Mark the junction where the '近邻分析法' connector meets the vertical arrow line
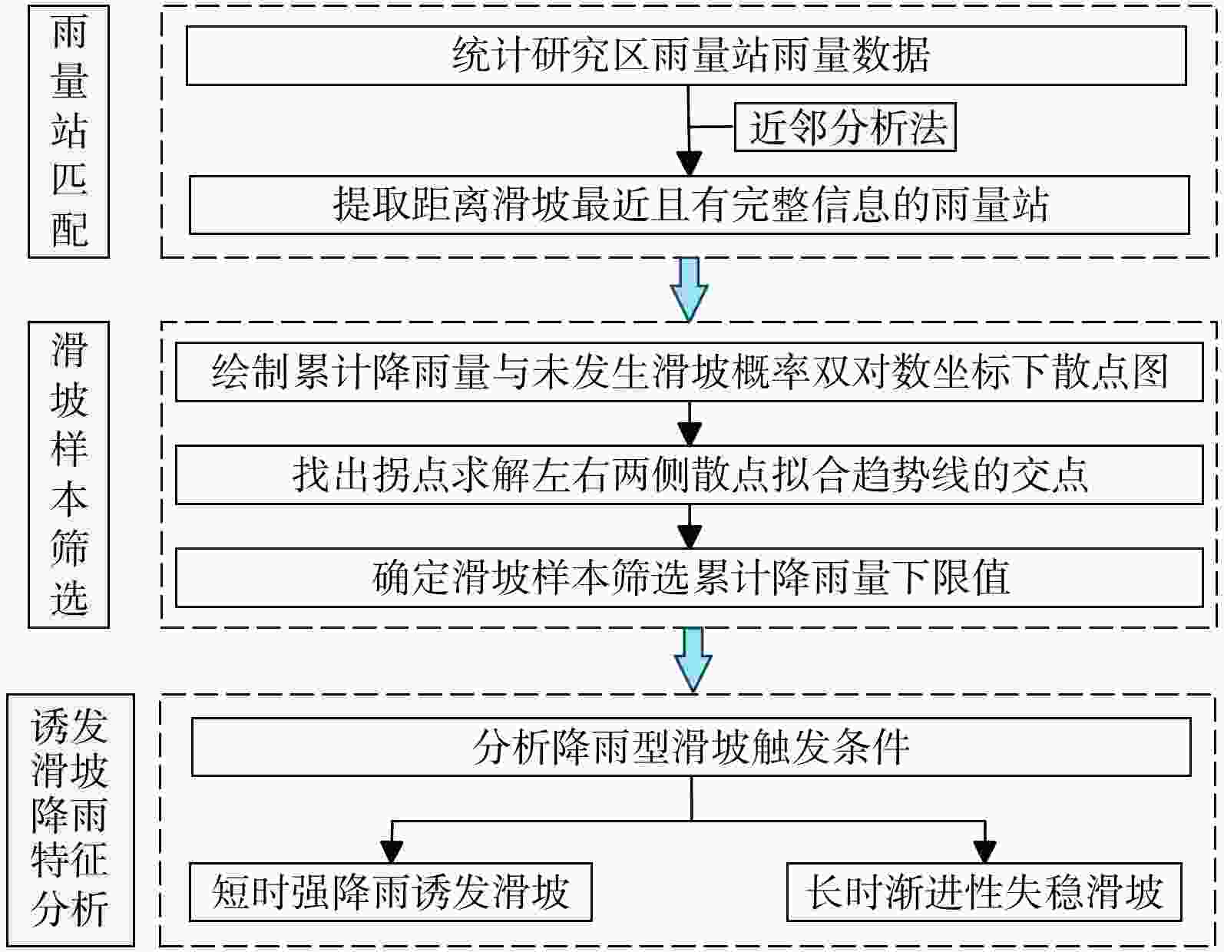pyautogui.click(x=688, y=127)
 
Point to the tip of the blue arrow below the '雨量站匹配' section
pyautogui.click(x=688, y=321)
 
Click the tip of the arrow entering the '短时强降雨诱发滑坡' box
pyautogui.click(x=392, y=863)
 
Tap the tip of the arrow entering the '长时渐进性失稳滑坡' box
pyautogui.click(x=984, y=863)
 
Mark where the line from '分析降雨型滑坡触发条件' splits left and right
pyautogui.click(x=692, y=821)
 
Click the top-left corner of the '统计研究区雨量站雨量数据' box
pyautogui.click(x=187, y=26)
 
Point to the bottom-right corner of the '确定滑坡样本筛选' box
pyautogui.click(x=1203, y=607)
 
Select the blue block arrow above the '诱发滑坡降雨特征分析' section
pyautogui.click(x=693, y=659)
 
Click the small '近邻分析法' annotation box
pyautogui.click(x=845, y=127)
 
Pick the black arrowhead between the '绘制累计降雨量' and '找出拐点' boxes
pyautogui.click(x=690, y=435)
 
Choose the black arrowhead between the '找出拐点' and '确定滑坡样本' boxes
pyautogui.click(x=690, y=537)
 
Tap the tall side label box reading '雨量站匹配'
pyautogui.click(x=68, y=132)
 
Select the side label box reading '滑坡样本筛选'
pyautogui.click(x=68, y=474)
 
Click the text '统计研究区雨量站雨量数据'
pyautogui.click(x=690, y=55)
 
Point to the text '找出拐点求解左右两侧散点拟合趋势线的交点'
pyautogui.click(x=690, y=474)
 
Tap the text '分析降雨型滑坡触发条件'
pyautogui.click(x=691, y=747)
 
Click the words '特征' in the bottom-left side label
pyautogui.click(x=69, y=860)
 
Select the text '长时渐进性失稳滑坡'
pyautogui.click(x=984, y=892)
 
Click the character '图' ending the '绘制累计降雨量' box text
pyautogui.click(x=1150, y=372)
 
